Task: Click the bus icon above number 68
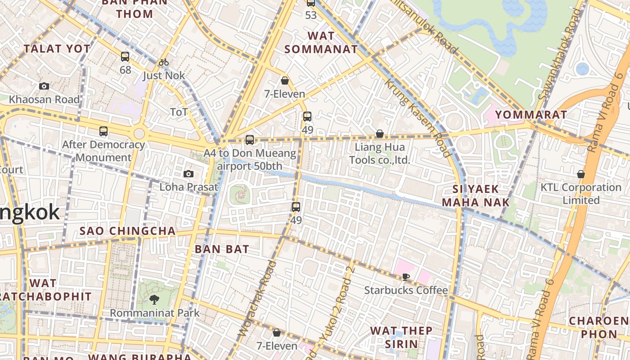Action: point(125,57)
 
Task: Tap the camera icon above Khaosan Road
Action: point(44,86)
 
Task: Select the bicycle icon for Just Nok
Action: point(164,62)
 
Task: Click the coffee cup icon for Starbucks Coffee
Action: point(406,277)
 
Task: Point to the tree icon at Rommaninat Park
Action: point(154,299)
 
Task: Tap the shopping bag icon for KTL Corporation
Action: point(581,174)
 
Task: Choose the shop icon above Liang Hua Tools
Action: point(380,134)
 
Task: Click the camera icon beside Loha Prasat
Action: point(189,174)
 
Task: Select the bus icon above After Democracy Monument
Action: point(103,131)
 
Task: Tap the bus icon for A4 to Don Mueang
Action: point(250,140)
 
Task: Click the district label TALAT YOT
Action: point(57,49)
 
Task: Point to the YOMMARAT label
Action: point(531,115)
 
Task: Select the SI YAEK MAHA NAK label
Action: point(476,196)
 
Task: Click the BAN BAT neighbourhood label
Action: point(222,249)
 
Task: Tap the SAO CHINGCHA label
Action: point(127,231)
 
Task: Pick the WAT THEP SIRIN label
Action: point(401,337)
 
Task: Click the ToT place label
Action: point(179,112)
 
